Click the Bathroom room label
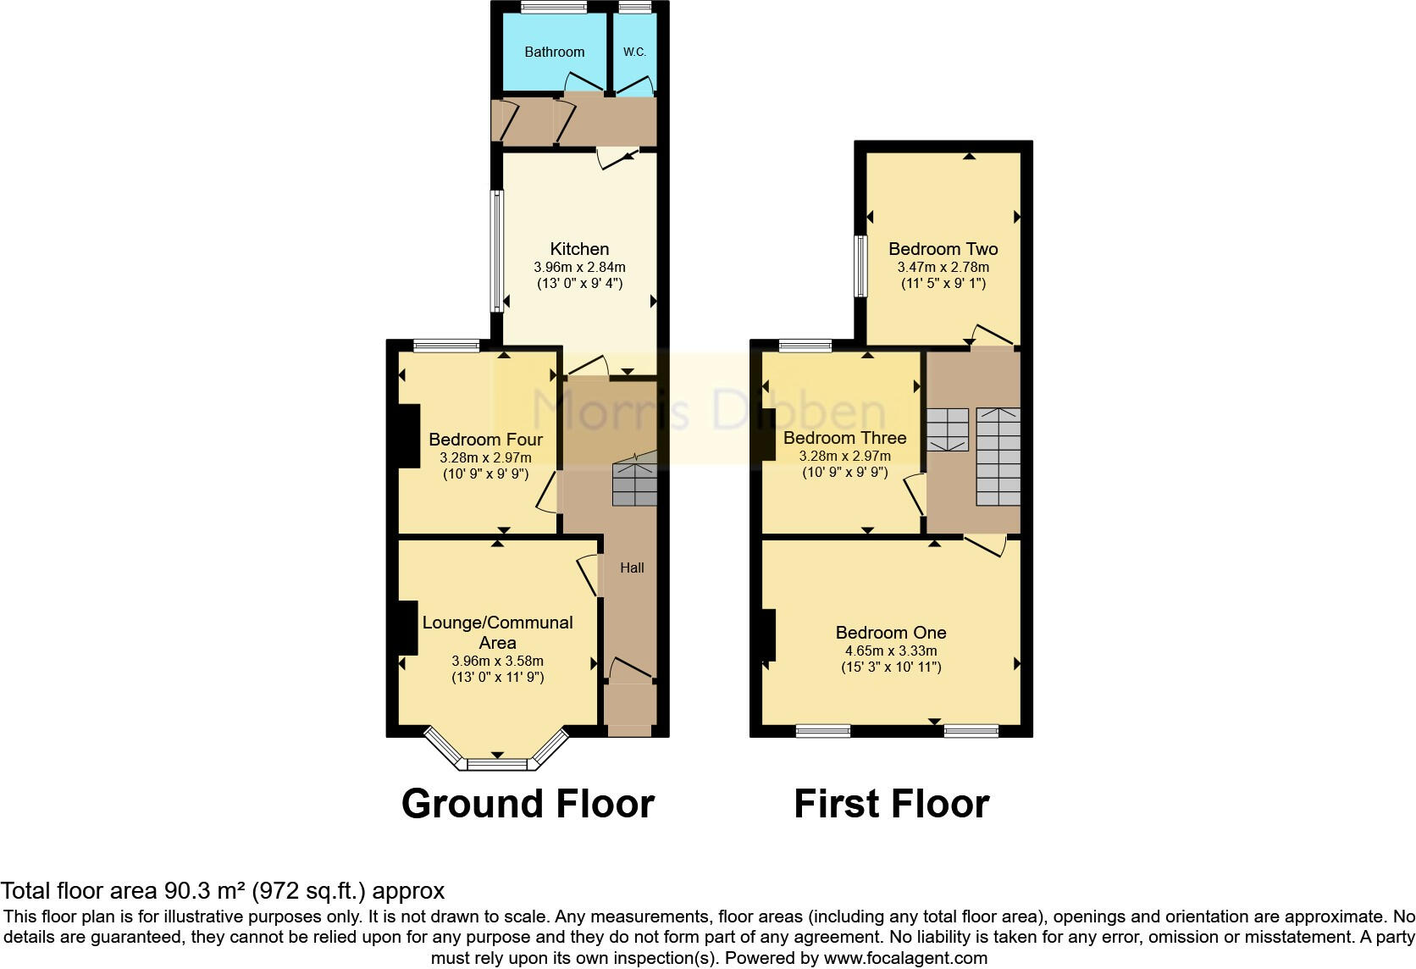point(554,52)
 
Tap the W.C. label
point(634,52)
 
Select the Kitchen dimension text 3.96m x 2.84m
point(579,267)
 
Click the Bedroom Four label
point(485,439)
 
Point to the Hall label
point(632,568)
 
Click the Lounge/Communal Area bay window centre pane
point(497,764)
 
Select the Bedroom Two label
point(943,248)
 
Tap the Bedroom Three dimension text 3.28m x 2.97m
point(844,456)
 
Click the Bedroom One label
point(890,632)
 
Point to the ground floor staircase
point(635,484)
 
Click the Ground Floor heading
point(528,803)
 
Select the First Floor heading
point(891,803)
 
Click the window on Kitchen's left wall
point(498,251)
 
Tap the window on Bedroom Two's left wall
point(860,266)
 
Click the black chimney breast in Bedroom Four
point(408,436)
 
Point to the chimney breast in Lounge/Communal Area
point(407,628)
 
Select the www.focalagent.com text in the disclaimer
point(905,958)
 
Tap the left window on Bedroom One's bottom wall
point(823,730)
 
